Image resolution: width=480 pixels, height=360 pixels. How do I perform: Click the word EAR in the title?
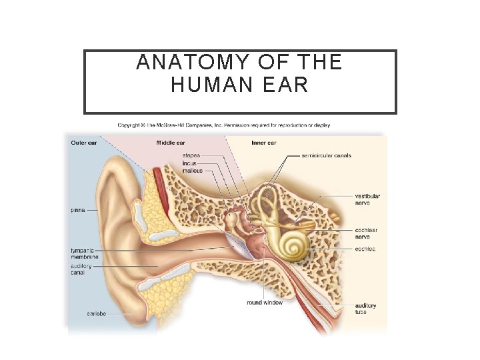click(x=286, y=86)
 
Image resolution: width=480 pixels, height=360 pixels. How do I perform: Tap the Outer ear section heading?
click(x=84, y=143)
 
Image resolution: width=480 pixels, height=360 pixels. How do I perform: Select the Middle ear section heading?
click(x=171, y=143)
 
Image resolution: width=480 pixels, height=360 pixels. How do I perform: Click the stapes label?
click(x=191, y=155)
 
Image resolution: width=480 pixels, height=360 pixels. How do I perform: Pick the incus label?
click(x=190, y=163)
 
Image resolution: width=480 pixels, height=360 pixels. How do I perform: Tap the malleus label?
click(x=192, y=170)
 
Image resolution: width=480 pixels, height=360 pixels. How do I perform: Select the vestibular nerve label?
click(x=368, y=199)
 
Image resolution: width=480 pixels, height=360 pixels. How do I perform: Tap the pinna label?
click(x=78, y=209)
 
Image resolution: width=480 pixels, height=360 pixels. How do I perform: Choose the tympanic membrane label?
click(x=85, y=253)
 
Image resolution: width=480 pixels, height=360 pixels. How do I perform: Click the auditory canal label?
click(x=82, y=269)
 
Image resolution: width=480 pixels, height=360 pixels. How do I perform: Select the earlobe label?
click(x=97, y=313)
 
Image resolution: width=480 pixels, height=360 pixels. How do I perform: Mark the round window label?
click(x=265, y=303)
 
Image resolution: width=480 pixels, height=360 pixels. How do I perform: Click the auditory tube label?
click(x=365, y=309)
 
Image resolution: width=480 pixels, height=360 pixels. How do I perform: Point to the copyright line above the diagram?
click(x=223, y=125)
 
